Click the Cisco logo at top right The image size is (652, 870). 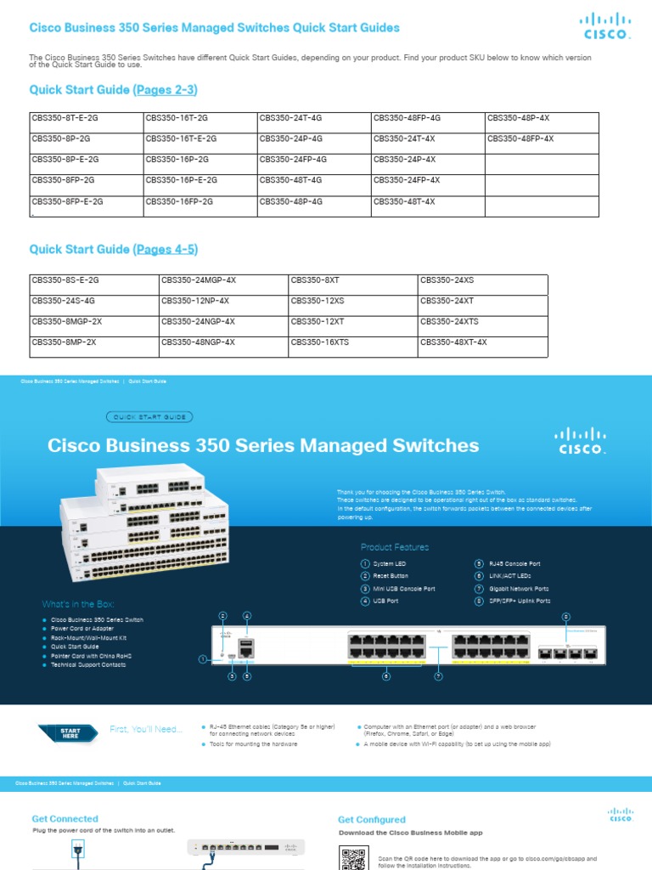pyautogui.click(x=605, y=26)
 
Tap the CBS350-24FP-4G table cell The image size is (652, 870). pyautogui.click(x=293, y=159)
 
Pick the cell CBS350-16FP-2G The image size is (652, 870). pyautogui.click(x=179, y=201)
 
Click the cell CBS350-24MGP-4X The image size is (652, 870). pyautogui.click(x=199, y=280)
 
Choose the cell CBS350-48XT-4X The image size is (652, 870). pyautogui.click(x=453, y=342)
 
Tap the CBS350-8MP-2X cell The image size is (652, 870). pyautogui.click(x=64, y=342)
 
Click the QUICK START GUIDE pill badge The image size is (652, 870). pyautogui.click(x=150, y=417)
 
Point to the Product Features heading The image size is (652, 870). pyautogui.click(x=395, y=547)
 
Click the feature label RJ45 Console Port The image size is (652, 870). pyautogui.click(x=514, y=563)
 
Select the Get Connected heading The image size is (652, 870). pyautogui.click(x=65, y=818)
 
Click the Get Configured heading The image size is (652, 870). pyautogui.click(x=372, y=820)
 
